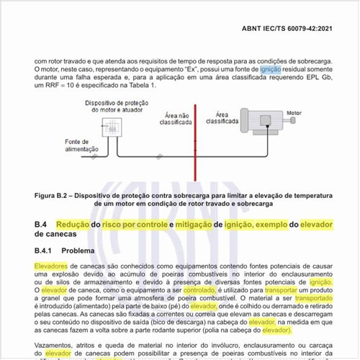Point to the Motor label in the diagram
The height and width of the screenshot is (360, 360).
click(294, 113)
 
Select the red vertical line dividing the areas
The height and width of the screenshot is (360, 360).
click(194, 151)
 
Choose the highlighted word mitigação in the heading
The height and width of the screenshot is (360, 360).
click(199, 225)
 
